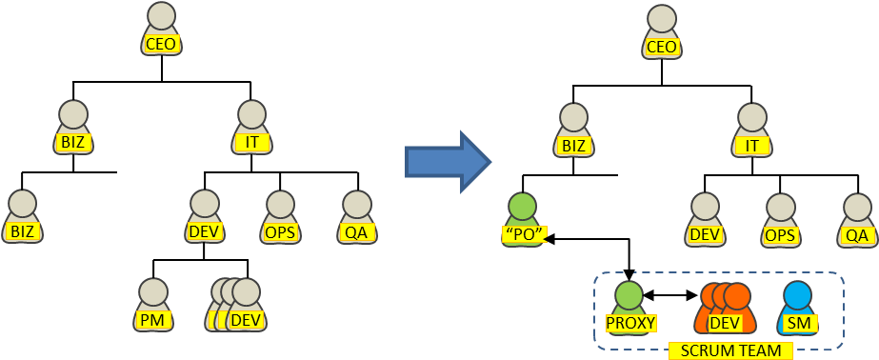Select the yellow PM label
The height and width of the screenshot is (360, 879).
[x=152, y=320]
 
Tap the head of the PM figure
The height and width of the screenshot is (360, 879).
[x=152, y=292]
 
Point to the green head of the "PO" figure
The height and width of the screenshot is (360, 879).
[x=523, y=207]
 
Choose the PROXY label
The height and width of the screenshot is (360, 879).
[x=630, y=323]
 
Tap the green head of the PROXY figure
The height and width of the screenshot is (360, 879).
[x=629, y=295]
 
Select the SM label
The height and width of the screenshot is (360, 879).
[x=797, y=323]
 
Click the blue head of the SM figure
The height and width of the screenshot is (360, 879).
[x=797, y=295]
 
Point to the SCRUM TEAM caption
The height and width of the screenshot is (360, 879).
[x=730, y=350]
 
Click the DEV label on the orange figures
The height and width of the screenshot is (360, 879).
[x=725, y=323]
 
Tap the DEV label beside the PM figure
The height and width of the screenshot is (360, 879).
[x=246, y=320]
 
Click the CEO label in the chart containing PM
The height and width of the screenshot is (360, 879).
[x=162, y=44]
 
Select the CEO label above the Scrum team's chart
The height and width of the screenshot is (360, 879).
[x=661, y=47]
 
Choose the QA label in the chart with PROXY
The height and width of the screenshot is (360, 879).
[x=856, y=234]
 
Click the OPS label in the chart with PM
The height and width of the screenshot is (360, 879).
[x=280, y=231]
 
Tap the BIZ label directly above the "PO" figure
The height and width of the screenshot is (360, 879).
[x=573, y=146]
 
